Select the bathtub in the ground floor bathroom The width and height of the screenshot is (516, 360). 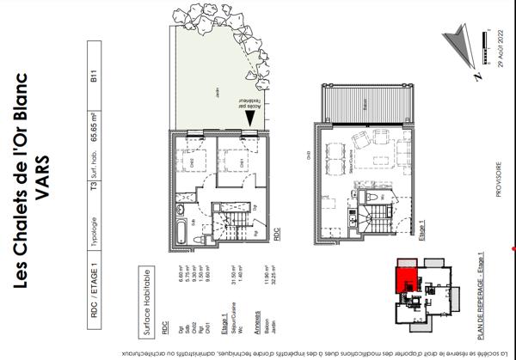click(x=178, y=231)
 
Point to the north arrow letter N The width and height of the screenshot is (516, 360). click(x=476, y=76)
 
